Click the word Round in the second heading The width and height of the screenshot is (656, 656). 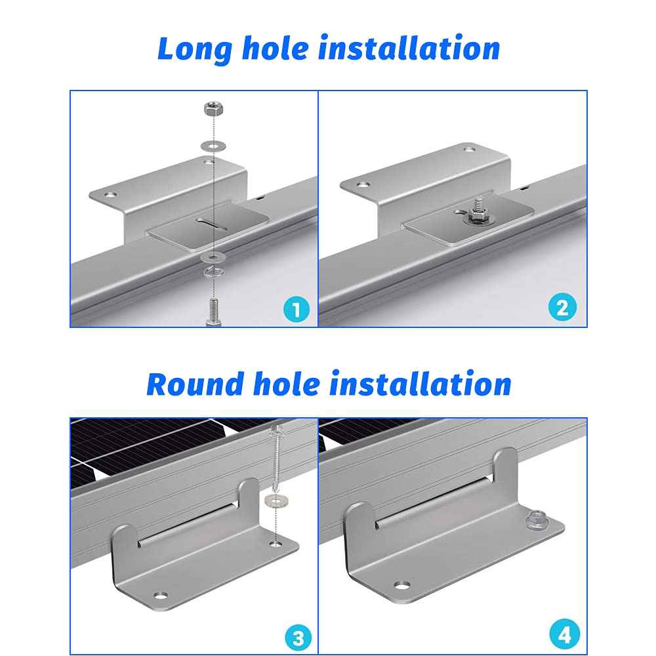click(x=195, y=384)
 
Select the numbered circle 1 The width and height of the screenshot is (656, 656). click(x=297, y=310)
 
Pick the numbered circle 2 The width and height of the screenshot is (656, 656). click(x=562, y=307)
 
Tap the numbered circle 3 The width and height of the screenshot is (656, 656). click(x=298, y=638)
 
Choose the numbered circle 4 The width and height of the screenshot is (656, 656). click(x=564, y=634)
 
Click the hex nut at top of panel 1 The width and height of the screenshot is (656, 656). click(x=213, y=109)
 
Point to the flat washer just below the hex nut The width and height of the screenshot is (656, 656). click(x=213, y=146)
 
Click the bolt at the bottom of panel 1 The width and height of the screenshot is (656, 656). click(x=213, y=312)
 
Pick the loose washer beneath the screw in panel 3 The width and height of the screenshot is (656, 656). click(x=277, y=500)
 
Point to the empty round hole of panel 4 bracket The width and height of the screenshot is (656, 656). click(x=402, y=584)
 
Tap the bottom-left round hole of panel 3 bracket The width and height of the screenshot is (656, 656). click(x=160, y=594)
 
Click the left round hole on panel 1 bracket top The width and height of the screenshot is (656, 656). click(x=111, y=195)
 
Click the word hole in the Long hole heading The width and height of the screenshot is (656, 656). click(x=276, y=49)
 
